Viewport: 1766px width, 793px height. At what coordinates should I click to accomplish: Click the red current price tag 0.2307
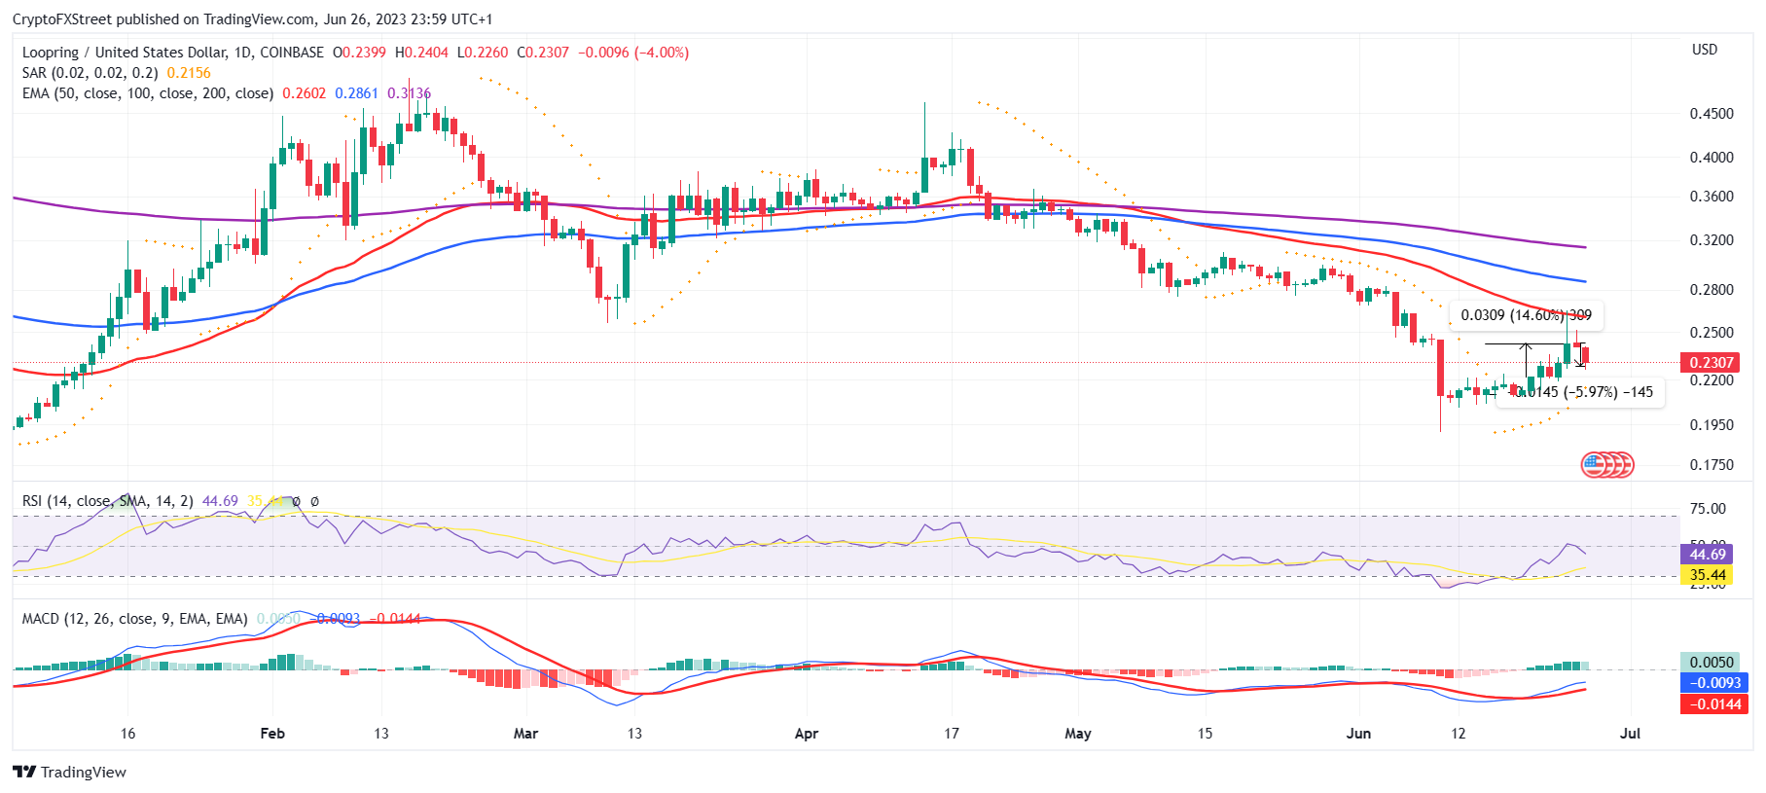(1712, 363)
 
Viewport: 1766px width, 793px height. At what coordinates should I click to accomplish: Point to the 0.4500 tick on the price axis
(1711, 114)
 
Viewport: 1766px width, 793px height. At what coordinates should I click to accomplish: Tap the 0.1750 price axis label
(1711, 465)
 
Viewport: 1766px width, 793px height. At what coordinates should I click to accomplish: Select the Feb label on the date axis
(272, 734)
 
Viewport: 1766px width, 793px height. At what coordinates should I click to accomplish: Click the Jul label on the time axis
(1630, 734)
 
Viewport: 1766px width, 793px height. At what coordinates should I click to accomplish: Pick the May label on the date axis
(1077, 734)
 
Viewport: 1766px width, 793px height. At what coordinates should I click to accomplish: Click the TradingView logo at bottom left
(70, 773)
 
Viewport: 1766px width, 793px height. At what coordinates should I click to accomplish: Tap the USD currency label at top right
(1705, 50)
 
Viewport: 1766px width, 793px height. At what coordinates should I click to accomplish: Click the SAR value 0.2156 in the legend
(189, 73)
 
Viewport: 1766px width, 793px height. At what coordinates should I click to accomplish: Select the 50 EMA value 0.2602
(304, 93)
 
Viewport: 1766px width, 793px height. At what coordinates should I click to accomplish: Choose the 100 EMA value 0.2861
(356, 93)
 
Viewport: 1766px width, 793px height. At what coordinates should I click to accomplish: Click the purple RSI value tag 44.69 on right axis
(1707, 555)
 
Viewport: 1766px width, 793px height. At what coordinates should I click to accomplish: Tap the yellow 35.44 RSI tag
(1707, 575)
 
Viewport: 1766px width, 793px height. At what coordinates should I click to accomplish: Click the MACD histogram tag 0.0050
(1711, 663)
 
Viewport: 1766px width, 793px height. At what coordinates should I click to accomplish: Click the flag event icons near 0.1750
(1606, 465)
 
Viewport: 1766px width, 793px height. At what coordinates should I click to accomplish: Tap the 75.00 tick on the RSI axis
(1708, 509)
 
